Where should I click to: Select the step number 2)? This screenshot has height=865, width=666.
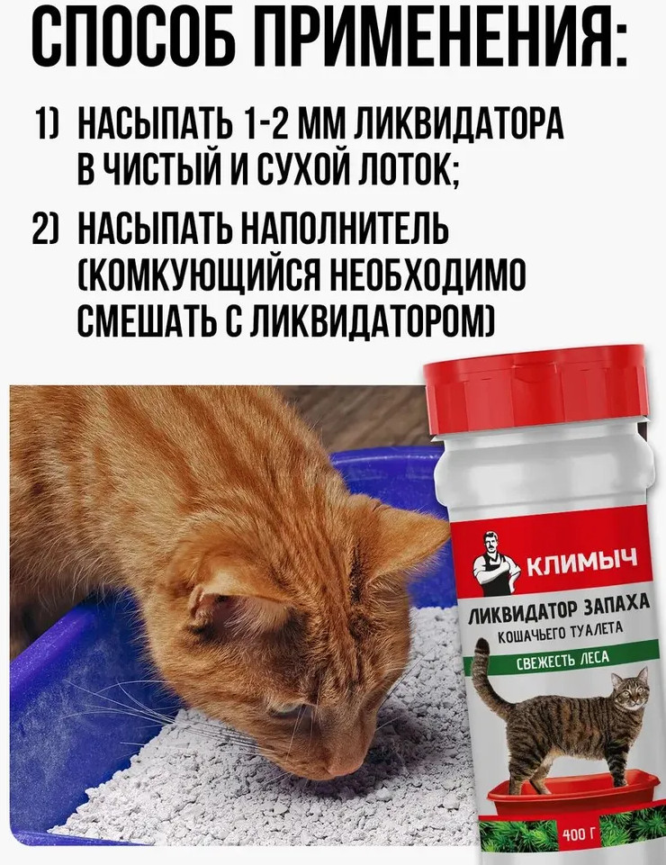point(48,230)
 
